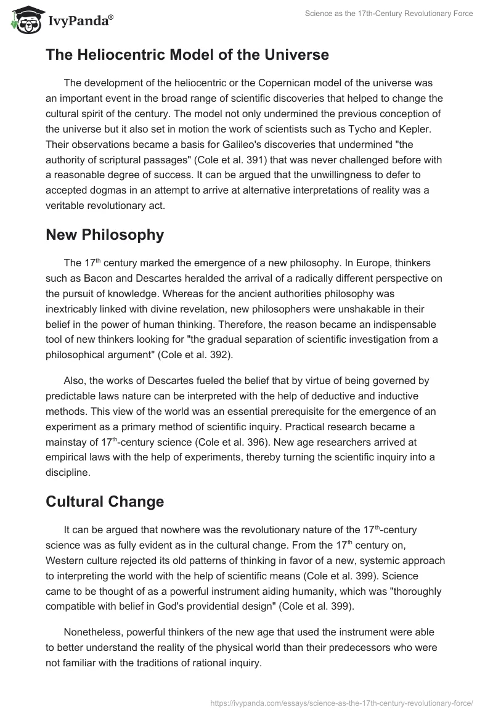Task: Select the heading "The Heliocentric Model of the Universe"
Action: pyautogui.click(x=187, y=55)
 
